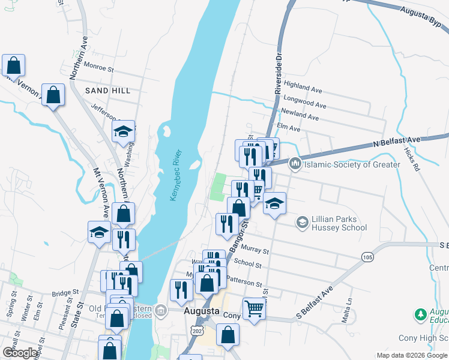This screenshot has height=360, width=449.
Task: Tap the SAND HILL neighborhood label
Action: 107,91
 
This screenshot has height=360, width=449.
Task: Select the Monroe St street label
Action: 99,68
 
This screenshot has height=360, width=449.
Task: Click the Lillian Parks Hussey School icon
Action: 303,223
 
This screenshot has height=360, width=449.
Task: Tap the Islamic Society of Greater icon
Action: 295,164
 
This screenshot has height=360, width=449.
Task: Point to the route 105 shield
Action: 368,257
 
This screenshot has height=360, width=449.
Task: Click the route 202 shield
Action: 195,331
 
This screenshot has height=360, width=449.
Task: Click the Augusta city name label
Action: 200,312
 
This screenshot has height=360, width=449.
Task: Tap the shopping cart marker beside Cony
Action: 255,308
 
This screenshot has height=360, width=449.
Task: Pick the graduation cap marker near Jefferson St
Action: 123,131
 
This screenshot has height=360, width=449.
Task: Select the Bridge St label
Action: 65,293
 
